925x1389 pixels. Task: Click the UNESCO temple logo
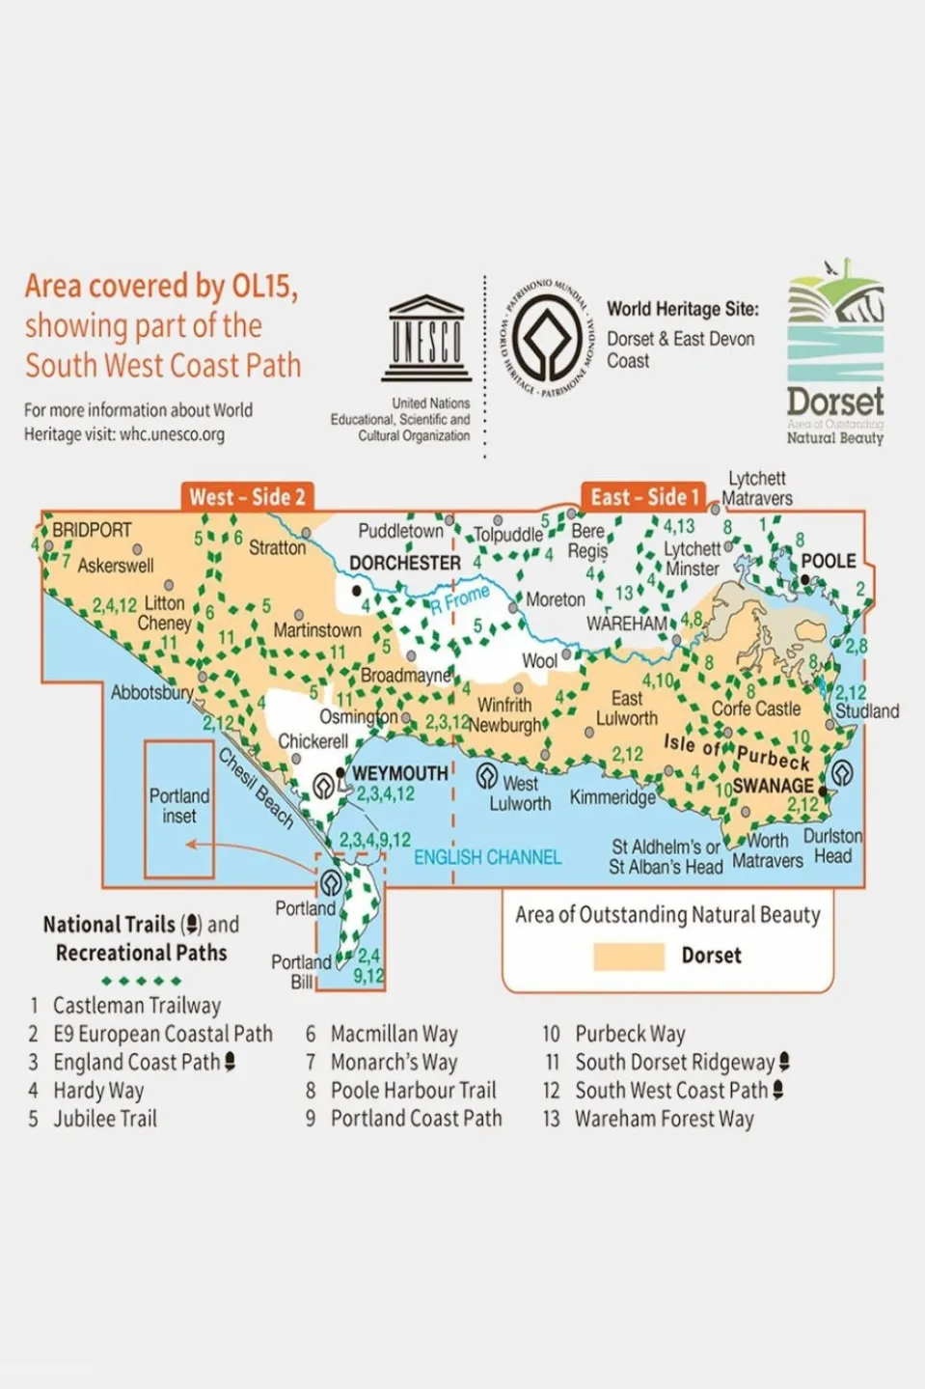426,339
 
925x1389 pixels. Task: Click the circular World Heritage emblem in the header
546,337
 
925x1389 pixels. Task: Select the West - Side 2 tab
247,497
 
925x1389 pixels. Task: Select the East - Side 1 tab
644,497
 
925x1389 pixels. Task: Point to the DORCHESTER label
405,563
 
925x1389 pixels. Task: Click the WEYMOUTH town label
399,773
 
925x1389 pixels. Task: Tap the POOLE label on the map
829,561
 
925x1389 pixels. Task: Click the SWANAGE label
773,786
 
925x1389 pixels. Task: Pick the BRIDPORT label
92,530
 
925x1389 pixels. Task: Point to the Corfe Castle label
756,708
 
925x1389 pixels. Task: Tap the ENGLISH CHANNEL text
487,857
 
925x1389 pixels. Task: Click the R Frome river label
460,599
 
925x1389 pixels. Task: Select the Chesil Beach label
256,789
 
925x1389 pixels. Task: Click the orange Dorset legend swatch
628,956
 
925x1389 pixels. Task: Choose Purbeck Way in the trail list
630,1034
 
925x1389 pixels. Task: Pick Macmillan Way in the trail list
394,1034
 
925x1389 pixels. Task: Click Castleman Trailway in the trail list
137,1006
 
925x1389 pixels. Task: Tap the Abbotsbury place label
151,692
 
